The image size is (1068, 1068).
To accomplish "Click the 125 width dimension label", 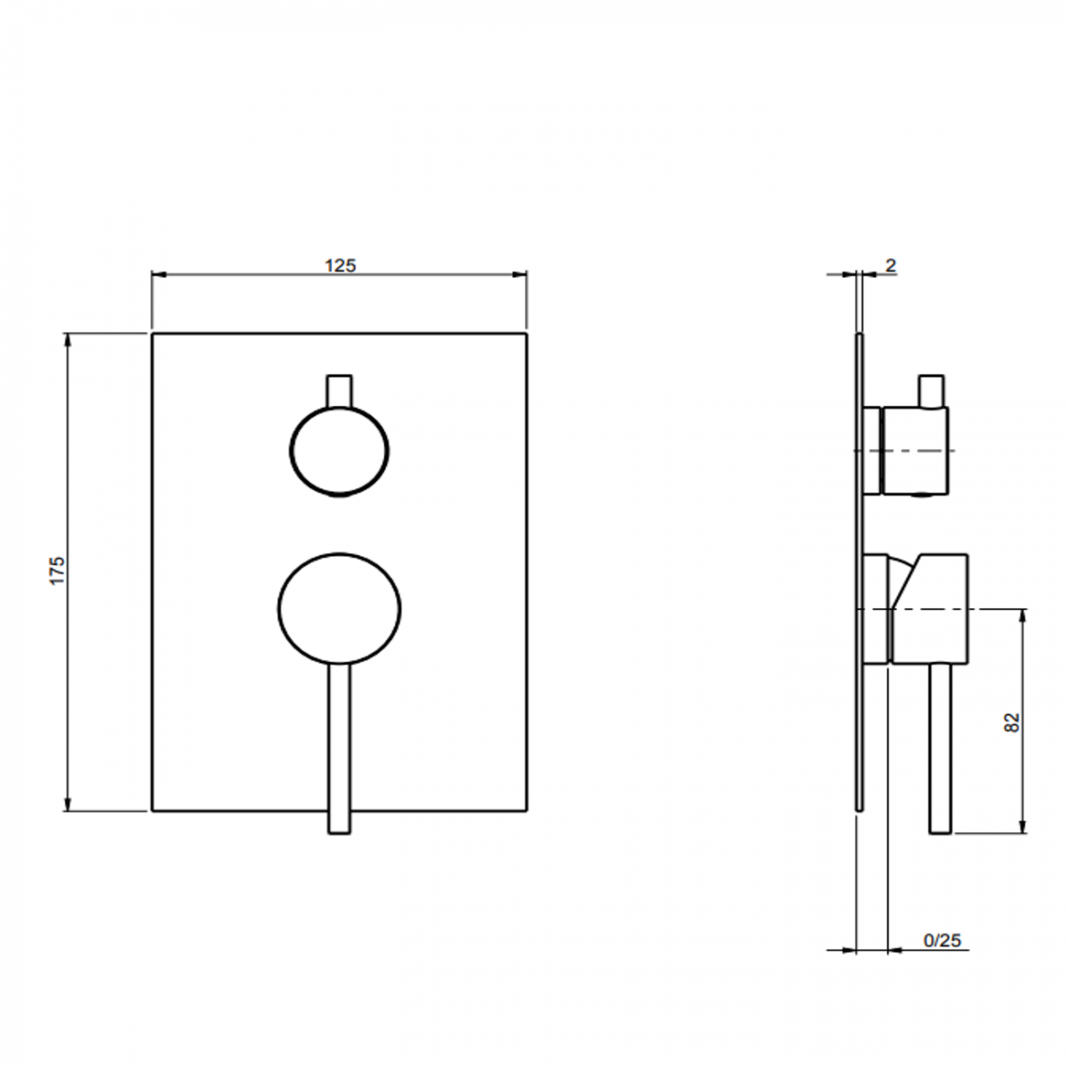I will (340, 265).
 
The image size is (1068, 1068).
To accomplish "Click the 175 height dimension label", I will (57, 571).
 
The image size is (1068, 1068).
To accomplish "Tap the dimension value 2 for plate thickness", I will (891, 265).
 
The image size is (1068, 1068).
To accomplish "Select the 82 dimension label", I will (1011, 722).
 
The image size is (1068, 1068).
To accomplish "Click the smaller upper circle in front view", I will (339, 450).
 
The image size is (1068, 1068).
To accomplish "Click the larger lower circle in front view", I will (339, 607).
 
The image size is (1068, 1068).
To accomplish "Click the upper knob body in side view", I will (914, 450).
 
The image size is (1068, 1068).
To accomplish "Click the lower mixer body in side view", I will (928, 608).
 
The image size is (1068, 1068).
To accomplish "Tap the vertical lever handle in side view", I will (941, 748).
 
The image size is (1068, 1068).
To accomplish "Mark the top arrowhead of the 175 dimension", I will (68, 338).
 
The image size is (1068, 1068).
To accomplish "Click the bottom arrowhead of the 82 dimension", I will (1023, 827).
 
